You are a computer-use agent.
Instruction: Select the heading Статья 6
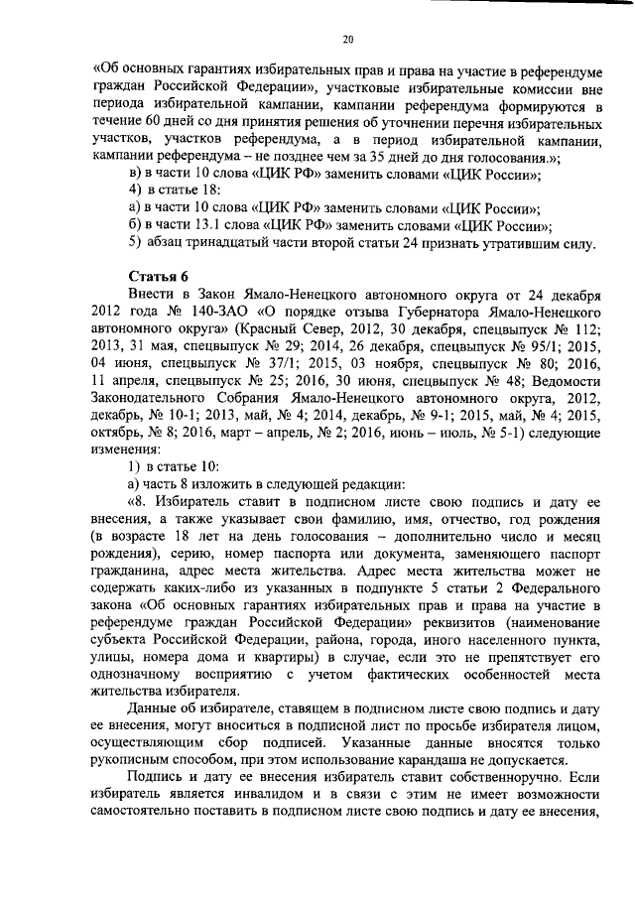point(157,275)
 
